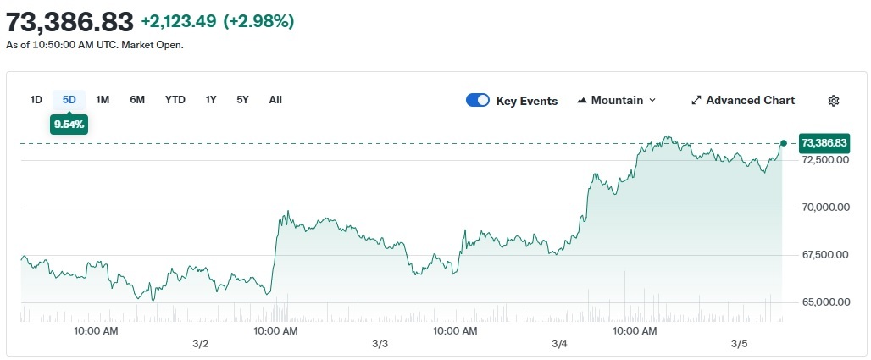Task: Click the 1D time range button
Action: (x=36, y=100)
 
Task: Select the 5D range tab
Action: (x=69, y=100)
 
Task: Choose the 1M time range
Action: (x=103, y=100)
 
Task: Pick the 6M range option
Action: (x=137, y=100)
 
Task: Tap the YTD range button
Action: (x=175, y=100)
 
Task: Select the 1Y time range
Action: (x=211, y=100)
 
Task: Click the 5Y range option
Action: (x=243, y=100)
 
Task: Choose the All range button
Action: (x=275, y=100)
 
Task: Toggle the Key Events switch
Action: (x=478, y=101)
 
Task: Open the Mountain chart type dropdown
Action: (x=617, y=101)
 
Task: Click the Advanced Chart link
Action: (x=743, y=101)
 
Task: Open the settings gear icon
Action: (x=834, y=101)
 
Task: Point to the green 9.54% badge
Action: (x=69, y=125)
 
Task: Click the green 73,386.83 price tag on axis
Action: (x=824, y=143)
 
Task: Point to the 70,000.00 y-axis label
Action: (x=824, y=208)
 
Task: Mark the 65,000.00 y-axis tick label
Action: (x=824, y=302)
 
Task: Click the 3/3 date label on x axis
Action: (x=380, y=344)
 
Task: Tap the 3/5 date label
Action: (x=740, y=344)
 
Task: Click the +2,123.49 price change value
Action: (x=179, y=21)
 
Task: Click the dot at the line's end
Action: (x=783, y=143)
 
